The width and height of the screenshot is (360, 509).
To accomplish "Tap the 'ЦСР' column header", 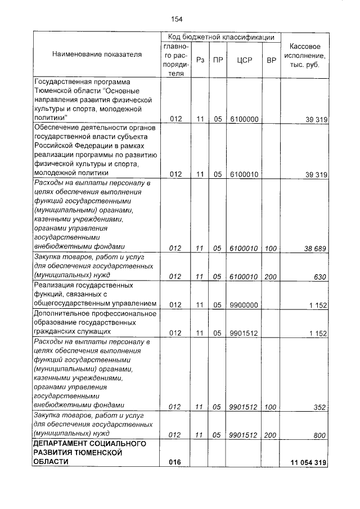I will click(244, 60).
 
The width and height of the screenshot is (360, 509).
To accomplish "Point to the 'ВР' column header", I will click(271, 60).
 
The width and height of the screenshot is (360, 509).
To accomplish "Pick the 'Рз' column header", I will click(200, 60).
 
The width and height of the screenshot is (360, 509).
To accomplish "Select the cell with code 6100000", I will click(244, 119).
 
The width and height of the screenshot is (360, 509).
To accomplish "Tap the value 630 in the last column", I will click(321, 276).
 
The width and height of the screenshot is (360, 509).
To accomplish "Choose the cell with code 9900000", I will click(244, 305).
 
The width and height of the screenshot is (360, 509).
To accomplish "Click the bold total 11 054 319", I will click(308, 462).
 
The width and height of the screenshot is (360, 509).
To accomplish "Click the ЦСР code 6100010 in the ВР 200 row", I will click(244, 276).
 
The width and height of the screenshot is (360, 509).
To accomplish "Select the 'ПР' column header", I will click(217, 60).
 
